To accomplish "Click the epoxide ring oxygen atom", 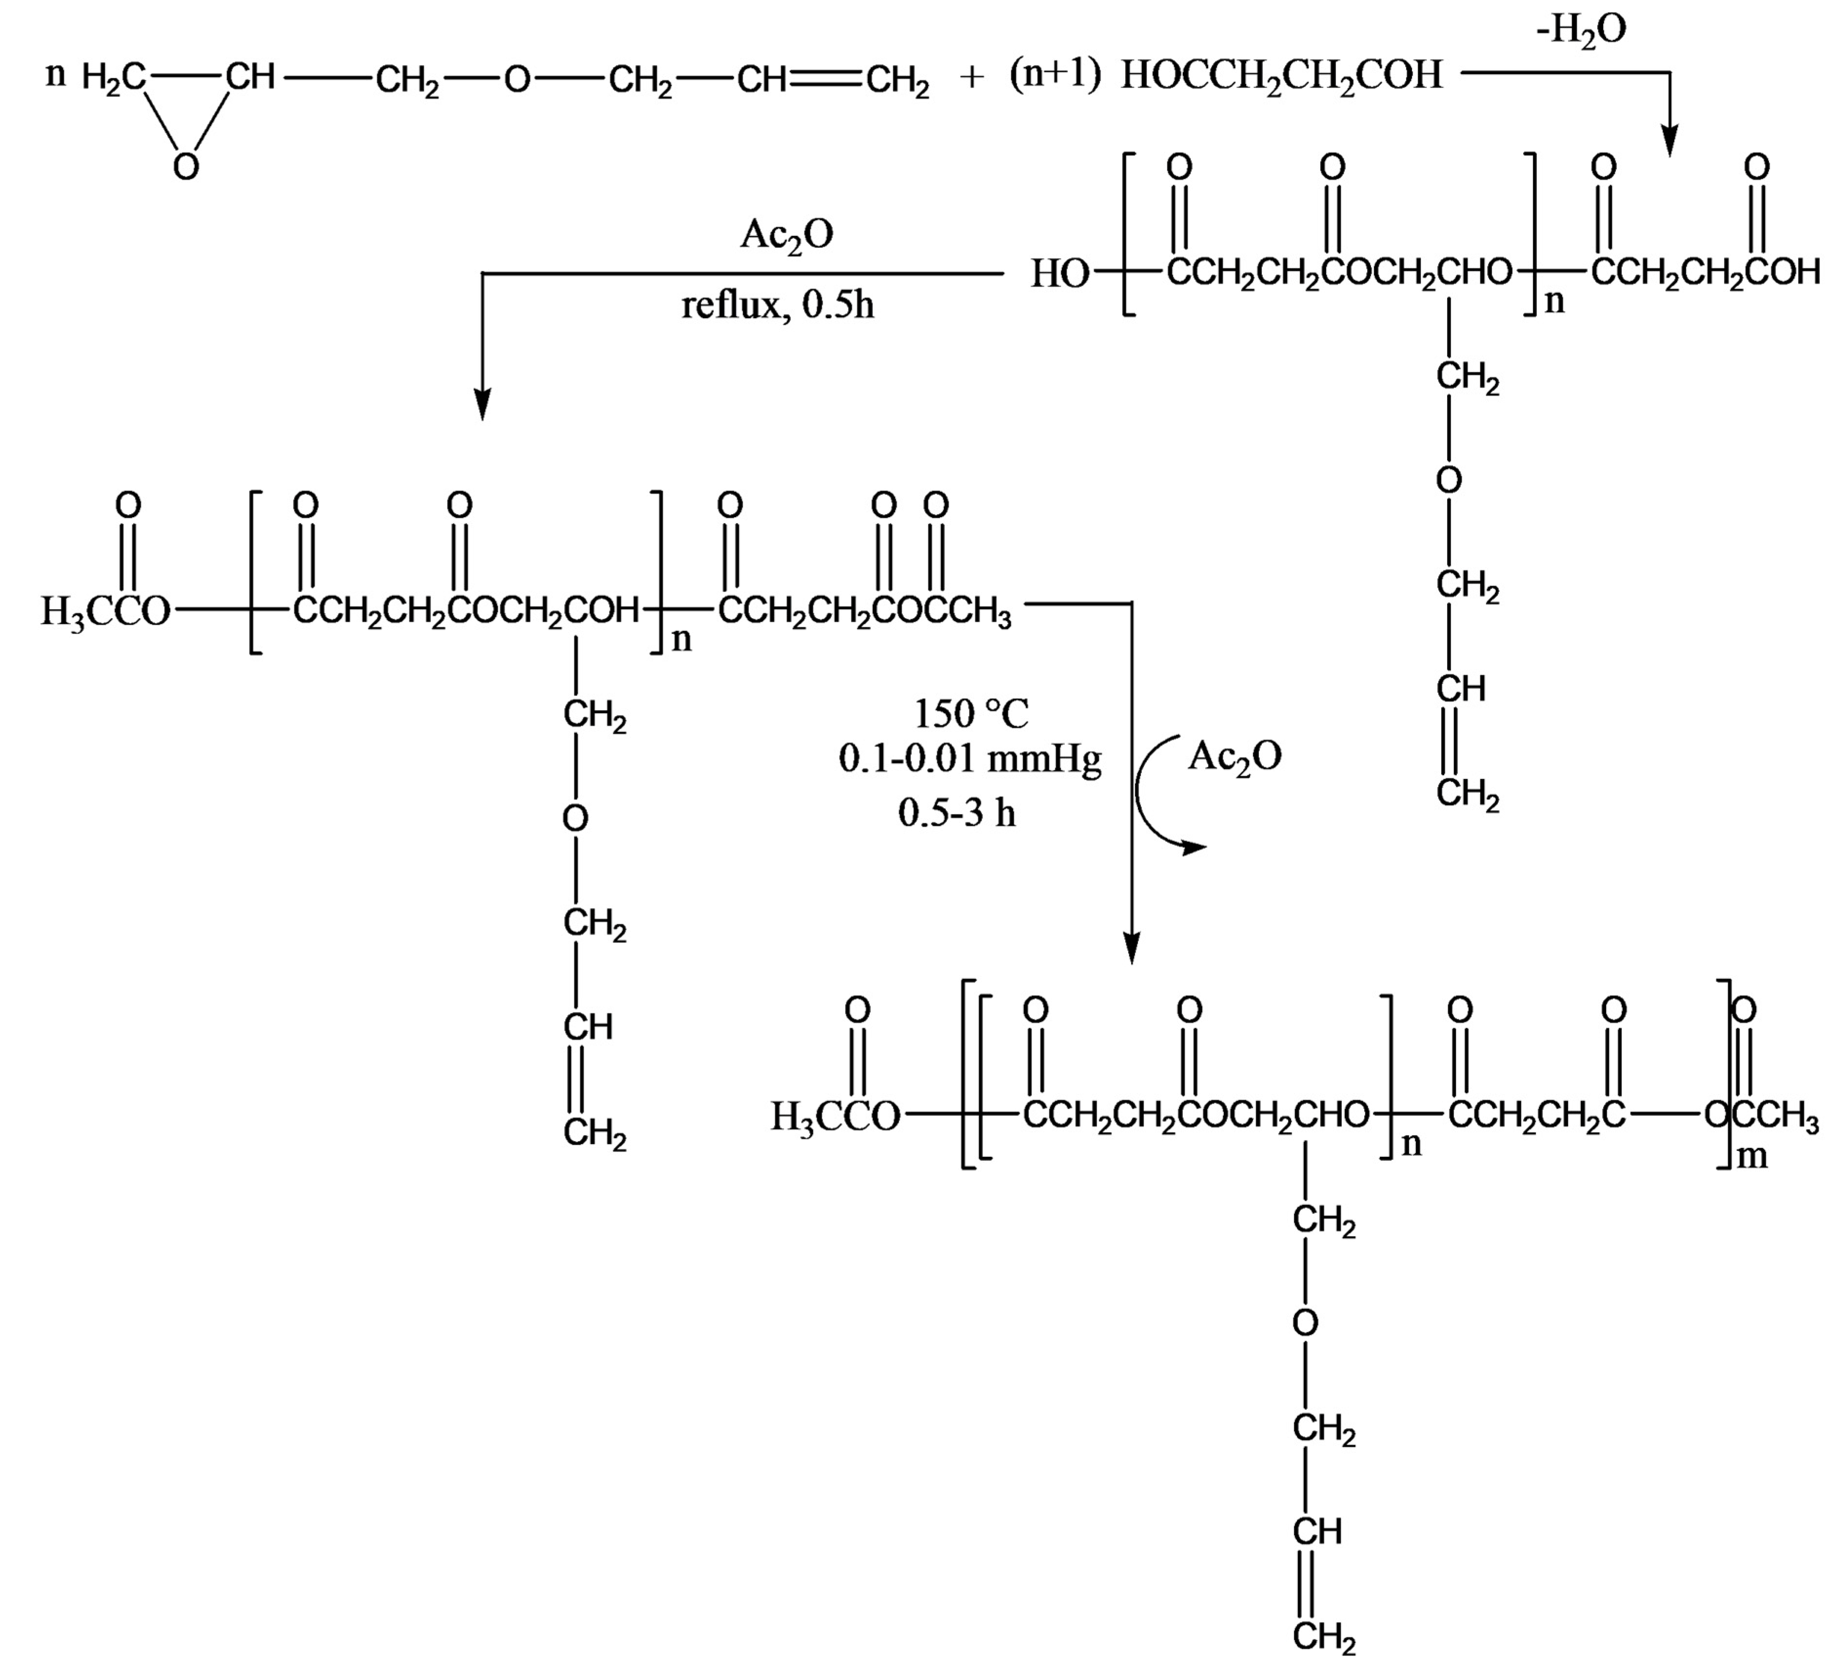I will (186, 166).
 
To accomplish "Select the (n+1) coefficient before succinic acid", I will (1055, 75).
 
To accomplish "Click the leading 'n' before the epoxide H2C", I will (56, 75).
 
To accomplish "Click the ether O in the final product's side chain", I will (1305, 1323).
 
